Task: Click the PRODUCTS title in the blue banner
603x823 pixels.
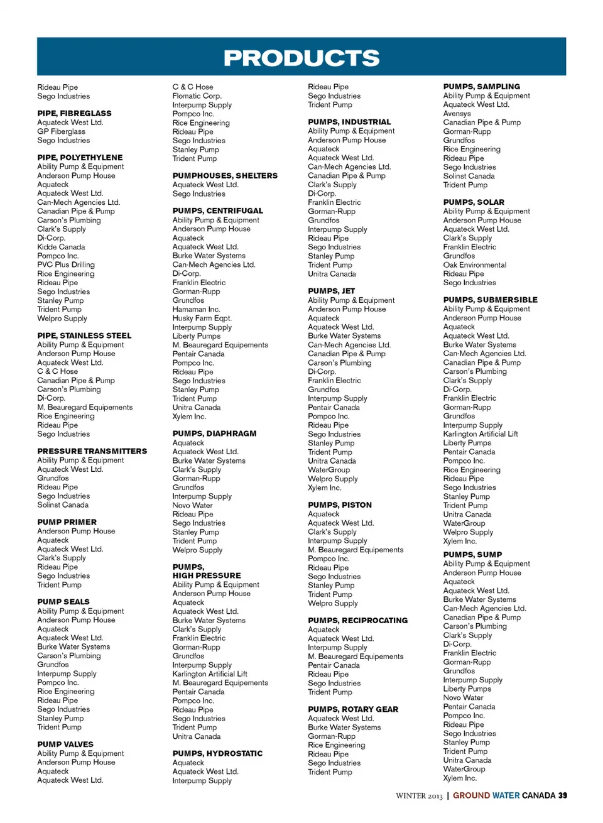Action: tap(301, 58)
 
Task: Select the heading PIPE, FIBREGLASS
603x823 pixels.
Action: tap(74, 113)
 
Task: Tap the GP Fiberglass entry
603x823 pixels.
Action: tap(61, 131)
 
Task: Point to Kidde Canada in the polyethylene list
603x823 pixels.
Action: tap(61, 247)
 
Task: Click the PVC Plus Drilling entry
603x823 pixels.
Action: tap(66, 264)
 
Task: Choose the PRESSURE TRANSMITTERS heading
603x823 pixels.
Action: tap(92, 451)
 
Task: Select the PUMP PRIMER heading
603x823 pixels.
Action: tap(67, 522)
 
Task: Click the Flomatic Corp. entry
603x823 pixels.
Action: tap(197, 96)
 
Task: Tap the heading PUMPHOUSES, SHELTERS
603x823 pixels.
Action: tap(225, 176)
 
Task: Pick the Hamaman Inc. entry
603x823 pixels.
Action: tap(196, 309)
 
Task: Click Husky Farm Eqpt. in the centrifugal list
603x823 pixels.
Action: tap(202, 318)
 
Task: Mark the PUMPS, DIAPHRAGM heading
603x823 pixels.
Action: tap(214, 433)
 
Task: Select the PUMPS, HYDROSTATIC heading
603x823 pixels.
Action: tap(217, 753)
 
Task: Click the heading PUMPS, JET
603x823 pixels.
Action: tap(331, 291)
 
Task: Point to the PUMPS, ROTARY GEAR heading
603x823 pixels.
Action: tap(352, 709)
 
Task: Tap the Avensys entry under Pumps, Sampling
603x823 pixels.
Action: tap(457, 114)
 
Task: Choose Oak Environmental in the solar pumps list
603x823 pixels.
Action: tap(474, 264)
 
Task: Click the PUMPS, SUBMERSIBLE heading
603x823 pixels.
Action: tap(490, 300)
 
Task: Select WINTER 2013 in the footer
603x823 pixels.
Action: tap(419, 795)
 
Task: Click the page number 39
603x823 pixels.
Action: tap(563, 795)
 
